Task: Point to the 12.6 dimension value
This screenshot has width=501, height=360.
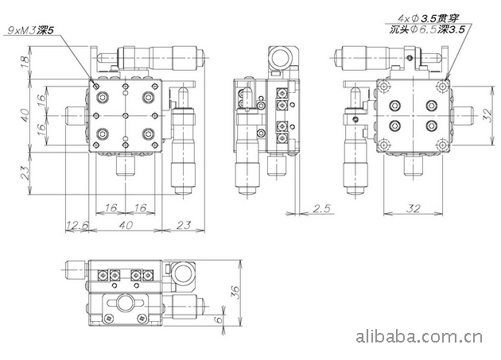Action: (x=77, y=226)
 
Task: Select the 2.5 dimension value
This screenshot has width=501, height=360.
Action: (x=321, y=208)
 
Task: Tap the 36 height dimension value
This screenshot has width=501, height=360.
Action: (x=235, y=292)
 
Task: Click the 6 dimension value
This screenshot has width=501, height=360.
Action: (x=218, y=320)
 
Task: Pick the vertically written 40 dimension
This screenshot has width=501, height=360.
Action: (x=25, y=116)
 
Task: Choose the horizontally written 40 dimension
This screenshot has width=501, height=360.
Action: (x=126, y=225)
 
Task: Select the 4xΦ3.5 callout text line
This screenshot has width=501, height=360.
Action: (x=428, y=18)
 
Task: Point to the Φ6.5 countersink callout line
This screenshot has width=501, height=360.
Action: (x=427, y=30)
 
